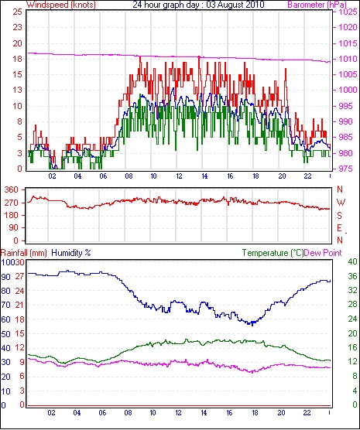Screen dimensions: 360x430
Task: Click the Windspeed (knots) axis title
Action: pos(61,5)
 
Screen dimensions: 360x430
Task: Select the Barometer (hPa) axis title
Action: pos(317,5)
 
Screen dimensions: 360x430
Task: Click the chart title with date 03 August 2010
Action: pos(198,5)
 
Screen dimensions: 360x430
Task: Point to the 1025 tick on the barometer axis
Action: pos(348,12)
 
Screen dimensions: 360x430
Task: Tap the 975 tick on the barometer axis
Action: pos(348,169)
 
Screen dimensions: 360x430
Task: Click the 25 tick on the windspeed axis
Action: pos(17,12)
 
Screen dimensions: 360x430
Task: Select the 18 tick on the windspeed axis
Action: pos(17,59)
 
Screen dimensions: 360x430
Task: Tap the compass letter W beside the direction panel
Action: pos(341,203)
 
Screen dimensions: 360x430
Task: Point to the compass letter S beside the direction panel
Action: pos(340,216)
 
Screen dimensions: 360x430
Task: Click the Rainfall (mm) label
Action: pos(24,253)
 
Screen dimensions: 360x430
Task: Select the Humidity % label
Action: pos(71,253)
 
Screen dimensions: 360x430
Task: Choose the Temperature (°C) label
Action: pos(273,253)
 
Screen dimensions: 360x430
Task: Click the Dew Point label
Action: pos(323,253)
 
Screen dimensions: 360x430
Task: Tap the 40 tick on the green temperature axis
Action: pos(353,262)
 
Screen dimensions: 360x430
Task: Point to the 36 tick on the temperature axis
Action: pos(353,276)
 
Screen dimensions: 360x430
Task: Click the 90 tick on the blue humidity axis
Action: pos(5,277)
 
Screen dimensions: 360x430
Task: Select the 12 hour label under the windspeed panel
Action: pos(179,176)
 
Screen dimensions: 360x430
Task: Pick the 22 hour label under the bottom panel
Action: pos(307,412)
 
